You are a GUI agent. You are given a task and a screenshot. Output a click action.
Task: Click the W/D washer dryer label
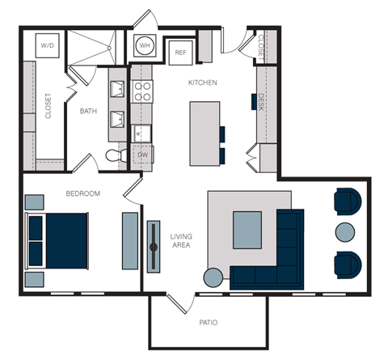(48, 46)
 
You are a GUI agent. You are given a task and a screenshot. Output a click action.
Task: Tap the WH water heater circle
(145, 45)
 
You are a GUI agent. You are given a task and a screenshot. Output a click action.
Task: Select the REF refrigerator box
(180, 53)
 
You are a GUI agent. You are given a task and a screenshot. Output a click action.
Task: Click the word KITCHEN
(202, 83)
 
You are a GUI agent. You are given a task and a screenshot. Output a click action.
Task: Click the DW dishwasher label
(142, 153)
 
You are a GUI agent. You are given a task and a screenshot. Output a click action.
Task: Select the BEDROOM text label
(82, 193)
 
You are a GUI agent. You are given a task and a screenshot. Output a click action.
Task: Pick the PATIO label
(209, 323)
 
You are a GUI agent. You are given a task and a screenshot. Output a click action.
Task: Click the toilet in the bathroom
(115, 154)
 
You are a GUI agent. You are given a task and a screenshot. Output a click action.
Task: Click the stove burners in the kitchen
(142, 89)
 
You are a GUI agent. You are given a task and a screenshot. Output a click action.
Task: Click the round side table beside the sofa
(213, 277)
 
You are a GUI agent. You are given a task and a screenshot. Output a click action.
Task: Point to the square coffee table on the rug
(247, 229)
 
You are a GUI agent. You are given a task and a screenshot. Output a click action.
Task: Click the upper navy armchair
(348, 201)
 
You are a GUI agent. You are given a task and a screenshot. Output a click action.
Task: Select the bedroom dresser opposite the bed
(130, 240)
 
